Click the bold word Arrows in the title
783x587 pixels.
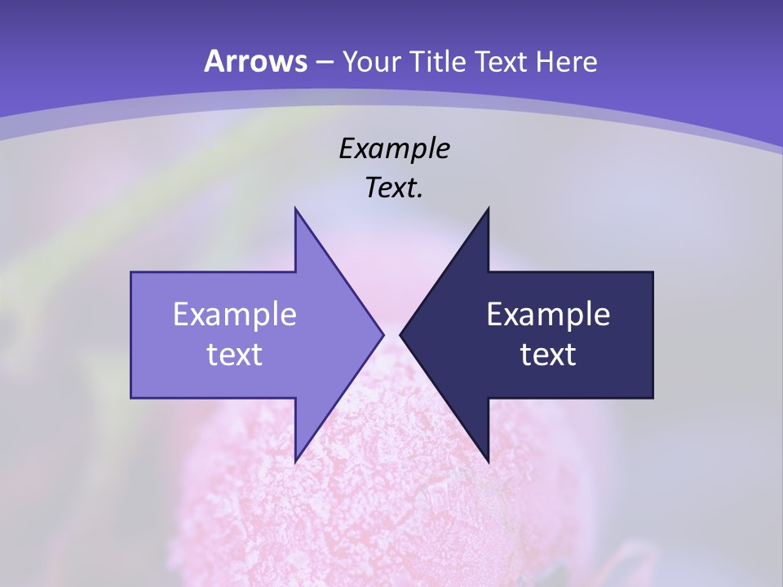click(255, 61)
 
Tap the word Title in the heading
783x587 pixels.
click(439, 62)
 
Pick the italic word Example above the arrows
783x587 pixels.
click(394, 149)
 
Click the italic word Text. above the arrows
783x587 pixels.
click(394, 188)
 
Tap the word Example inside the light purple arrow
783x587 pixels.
click(235, 315)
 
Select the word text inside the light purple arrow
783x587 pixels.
click(235, 355)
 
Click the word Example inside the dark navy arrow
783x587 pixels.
click(548, 315)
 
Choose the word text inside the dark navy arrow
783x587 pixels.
click(548, 355)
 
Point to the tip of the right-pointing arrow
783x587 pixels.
click(383, 334)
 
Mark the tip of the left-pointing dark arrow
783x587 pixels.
click(400, 334)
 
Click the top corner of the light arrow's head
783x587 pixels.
click(295, 208)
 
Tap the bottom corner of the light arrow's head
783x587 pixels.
click(295, 461)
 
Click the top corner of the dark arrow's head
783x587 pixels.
click(489, 208)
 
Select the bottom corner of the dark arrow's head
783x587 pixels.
click(489, 461)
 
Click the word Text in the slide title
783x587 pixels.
click(502, 62)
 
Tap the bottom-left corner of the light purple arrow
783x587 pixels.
click(131, 398)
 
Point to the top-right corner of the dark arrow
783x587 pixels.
click(652, 272)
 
